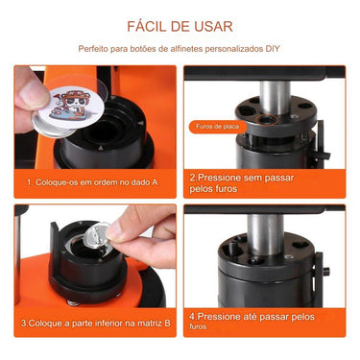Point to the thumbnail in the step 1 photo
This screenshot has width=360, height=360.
click(x=32, y=89)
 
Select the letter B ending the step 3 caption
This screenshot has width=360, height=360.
click(x=167, y=323)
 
